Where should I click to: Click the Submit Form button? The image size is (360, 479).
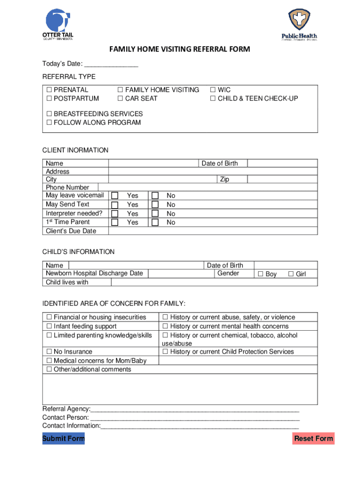click(x=64, y=438)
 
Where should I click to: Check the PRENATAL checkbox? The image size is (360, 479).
click(x=49, y=90)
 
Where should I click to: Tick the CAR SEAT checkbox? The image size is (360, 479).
click(x=120, y=99)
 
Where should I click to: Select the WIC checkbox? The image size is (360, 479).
click(x=213, y=90)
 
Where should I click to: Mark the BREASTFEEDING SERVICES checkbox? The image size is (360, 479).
click(x=49, y=114)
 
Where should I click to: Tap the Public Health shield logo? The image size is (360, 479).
click(x=299, y=22)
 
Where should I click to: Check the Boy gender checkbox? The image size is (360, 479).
click(x=261, y=274)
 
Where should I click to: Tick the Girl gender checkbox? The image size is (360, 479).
click(x=291, y=274)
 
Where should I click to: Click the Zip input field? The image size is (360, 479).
click(x=282, y=179)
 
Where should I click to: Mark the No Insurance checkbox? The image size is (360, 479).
click(x=49, y=352)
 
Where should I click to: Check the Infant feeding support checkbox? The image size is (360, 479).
click(x=49, y=327)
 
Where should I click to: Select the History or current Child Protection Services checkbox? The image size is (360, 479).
click(x=165, y=352)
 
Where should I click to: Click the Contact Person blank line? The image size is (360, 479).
click(x=194, y=417)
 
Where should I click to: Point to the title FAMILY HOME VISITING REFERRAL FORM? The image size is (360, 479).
click(x=180, y=49)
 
